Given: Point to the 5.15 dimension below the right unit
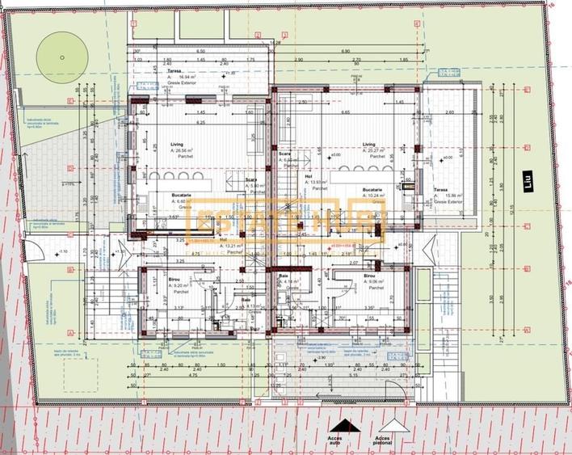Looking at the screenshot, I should click(x=353, y=374).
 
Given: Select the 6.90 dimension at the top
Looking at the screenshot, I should click(x=344, y=50).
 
